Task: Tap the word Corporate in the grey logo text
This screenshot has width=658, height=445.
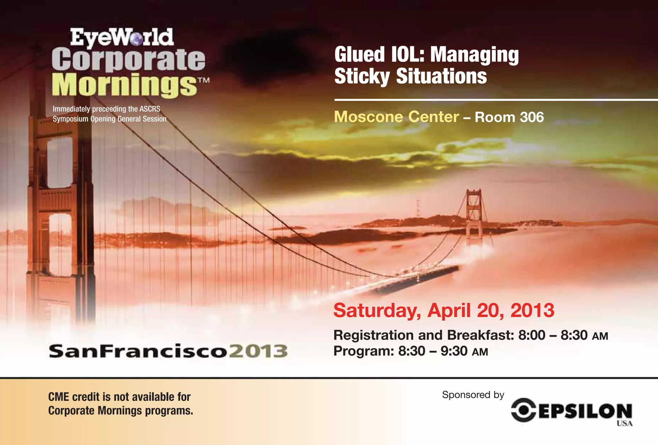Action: (x=128, y=59)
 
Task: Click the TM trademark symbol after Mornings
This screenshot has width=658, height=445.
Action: (x=204, y=80)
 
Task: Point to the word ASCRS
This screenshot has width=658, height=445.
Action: (x=150, y=109)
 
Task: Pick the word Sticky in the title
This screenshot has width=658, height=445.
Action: (x=362, y=76)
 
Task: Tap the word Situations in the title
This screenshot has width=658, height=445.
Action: (x=441, y=76)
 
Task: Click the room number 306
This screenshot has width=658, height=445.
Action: (x=532, y=117)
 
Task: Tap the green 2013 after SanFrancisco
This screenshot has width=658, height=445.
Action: (x=259, y=351)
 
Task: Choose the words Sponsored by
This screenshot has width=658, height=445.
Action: (x=473, y=395)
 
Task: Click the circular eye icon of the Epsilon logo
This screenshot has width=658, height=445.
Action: (x=524, y=410)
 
